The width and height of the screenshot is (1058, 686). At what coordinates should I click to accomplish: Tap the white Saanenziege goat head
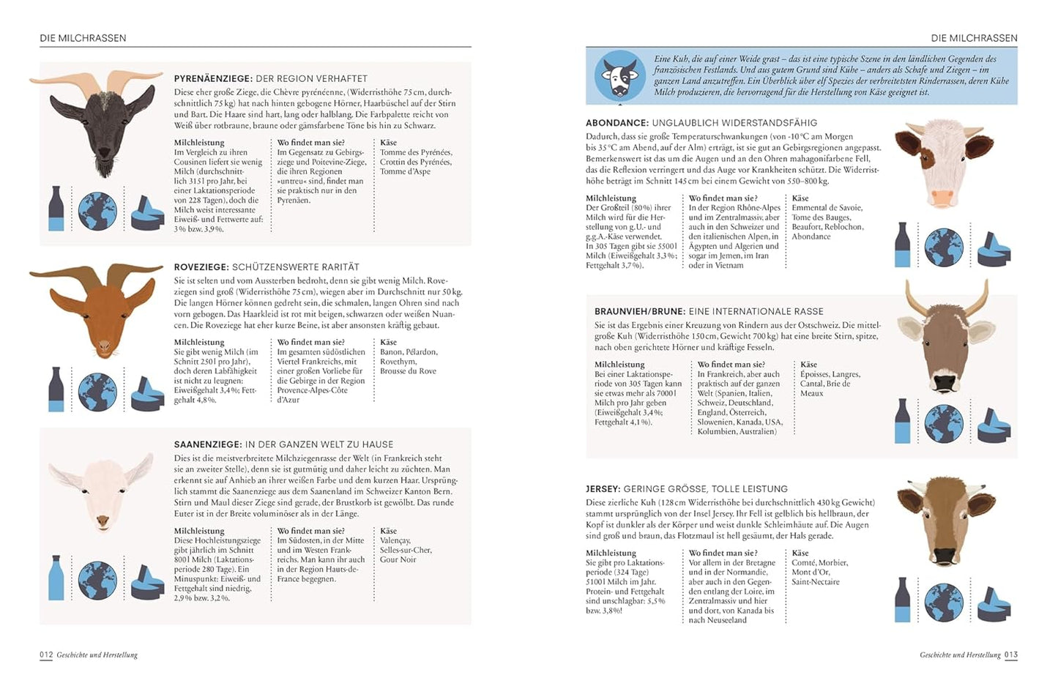pos(102,487)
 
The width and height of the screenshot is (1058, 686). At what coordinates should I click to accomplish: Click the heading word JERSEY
pos(603,488)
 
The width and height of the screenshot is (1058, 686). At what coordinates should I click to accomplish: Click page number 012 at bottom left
pos(46,655)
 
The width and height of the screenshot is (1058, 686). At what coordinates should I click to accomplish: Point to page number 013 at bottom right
pos(1010,655)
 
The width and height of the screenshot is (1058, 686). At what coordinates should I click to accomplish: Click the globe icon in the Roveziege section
pos(97,392)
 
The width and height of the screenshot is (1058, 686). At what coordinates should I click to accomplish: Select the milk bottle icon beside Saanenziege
pos(56,578)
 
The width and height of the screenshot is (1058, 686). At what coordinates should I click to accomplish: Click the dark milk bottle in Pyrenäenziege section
pos(56,208)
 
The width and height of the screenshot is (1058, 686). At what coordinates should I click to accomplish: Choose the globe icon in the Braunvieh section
pos(943,423)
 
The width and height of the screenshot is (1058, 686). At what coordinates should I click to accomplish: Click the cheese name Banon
pos(392,352)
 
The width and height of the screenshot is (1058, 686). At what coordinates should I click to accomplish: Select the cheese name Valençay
pos(395,540)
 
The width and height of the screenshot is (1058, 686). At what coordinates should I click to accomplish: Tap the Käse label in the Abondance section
pos(800,198)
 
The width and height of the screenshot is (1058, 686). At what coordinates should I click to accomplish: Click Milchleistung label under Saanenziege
pos(199,531)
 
